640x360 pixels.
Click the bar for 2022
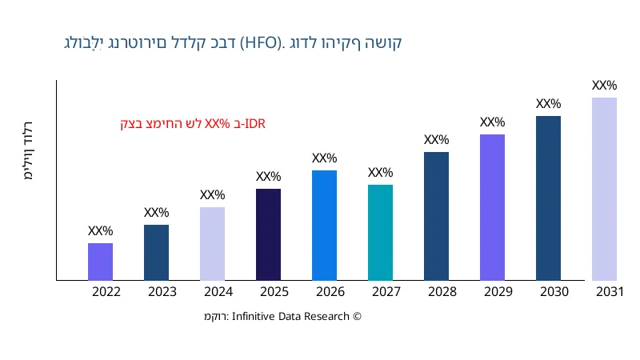pos(100,262)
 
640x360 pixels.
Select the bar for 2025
pos(268,234)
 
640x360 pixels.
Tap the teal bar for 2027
pos(380,233)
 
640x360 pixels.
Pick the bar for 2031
pos(604,189)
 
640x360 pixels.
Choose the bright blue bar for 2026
pos(324,226)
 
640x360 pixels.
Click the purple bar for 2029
pos(492,207)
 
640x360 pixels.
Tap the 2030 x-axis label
pos(554,292)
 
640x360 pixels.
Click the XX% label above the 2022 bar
pos(100,231)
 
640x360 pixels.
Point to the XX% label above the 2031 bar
pos(604,86)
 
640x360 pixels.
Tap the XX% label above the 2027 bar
pos(380,173)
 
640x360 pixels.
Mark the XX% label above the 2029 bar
pos(492,122)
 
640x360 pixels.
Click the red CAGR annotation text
pos(192,124)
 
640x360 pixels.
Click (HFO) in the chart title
pos(261,42)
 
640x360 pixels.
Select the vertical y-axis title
pos(30,152)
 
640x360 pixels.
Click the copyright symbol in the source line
pos(358,317)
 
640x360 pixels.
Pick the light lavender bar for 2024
pos(212,244)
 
